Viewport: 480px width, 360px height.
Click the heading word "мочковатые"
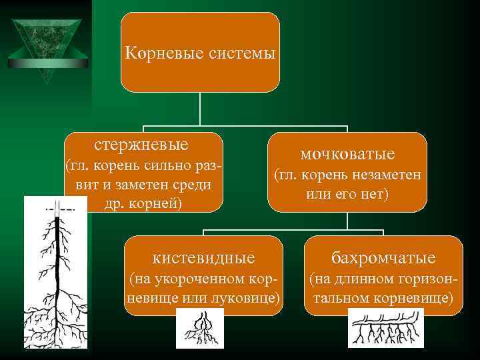tap(347, 154)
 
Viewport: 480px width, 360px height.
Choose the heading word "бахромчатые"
tap(383, 257)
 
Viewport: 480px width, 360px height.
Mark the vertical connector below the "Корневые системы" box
tap(201, 109)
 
